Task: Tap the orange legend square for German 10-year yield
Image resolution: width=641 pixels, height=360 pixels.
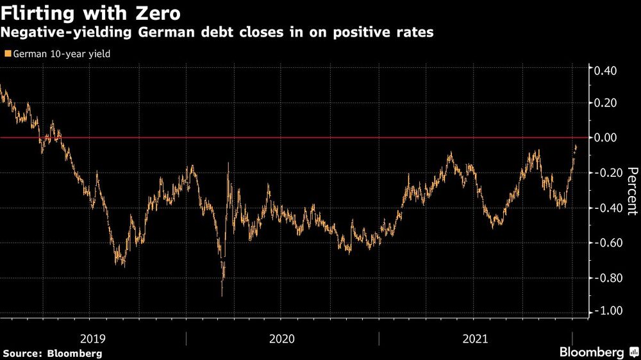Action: point(7,54)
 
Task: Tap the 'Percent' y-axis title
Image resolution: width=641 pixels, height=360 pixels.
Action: point(631,190)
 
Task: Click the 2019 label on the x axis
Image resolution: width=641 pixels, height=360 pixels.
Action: point(94,339)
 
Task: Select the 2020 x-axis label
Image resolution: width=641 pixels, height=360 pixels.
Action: point(282,339)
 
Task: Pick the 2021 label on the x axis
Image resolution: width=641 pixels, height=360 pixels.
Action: point(474,339)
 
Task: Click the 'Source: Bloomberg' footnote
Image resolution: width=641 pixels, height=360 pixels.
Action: point(53,353)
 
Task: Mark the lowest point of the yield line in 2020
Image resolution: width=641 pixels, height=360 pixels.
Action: point(222,295)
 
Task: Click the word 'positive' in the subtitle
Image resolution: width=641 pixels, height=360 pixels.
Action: point(352,33)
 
